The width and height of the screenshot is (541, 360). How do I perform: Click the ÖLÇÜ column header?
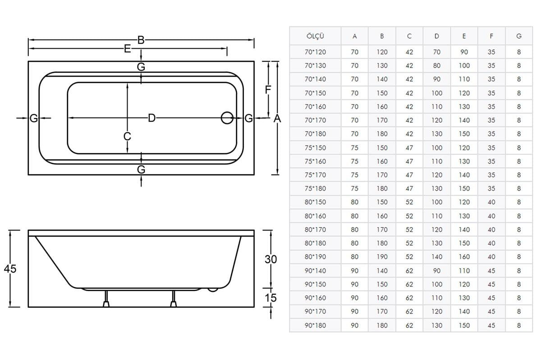[x=315, y=36]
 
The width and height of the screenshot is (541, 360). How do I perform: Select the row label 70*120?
[x=315, y=52]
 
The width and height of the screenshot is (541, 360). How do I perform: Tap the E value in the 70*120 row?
[x=464, y=52]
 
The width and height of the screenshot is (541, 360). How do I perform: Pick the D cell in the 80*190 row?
[x=437, y=257]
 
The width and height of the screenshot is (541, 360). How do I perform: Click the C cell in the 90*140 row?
[x=409, y=271]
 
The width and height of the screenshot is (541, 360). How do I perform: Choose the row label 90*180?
[x=315, y=325]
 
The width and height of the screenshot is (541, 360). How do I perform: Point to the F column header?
[x=491, y=36]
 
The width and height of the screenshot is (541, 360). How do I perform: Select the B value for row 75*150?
[x=382, y=148]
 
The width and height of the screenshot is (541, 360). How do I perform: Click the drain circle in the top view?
[x=227, y=118]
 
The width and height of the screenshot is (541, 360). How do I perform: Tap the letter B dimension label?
[x=141, y=40]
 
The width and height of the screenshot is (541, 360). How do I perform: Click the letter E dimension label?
[x=127, y=49]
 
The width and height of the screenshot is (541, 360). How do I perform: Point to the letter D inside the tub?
[x=151, y=118]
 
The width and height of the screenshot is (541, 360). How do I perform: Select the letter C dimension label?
[x=127, y=136]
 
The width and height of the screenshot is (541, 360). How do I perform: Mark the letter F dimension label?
[x=268, y=90]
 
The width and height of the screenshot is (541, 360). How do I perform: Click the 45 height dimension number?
[x=10, y=269]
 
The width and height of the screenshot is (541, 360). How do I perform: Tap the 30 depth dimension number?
[x=270, y=260]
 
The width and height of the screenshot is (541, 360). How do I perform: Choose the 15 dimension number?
[x=270, y=298]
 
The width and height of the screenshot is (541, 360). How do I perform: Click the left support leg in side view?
[x=106, y=299]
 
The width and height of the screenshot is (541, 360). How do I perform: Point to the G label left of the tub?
[x=33, y=118]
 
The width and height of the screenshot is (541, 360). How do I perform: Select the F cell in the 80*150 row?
[x=491, y=202]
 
